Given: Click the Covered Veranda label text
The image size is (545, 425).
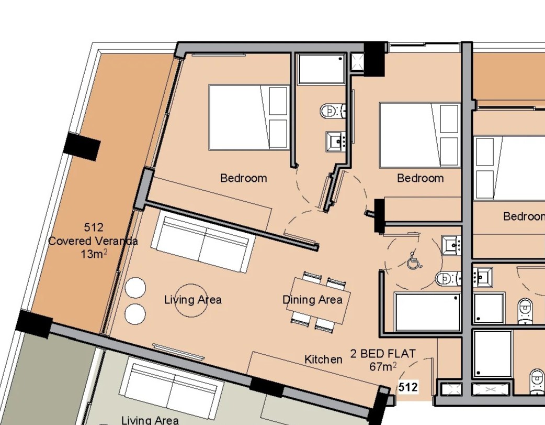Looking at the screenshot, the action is coord(93,241).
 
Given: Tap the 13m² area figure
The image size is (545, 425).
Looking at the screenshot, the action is coord(94,254).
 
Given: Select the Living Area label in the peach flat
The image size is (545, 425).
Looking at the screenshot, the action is coord(193,300).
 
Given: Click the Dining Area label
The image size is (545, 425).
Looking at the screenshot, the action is coord(312,300).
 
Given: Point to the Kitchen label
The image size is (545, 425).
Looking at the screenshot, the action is coord(323,359).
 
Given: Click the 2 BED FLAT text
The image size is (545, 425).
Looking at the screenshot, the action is coord(383,354).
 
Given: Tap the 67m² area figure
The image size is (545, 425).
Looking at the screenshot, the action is coord(383,366).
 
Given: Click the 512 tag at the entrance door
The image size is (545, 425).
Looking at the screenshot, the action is coord(408,387).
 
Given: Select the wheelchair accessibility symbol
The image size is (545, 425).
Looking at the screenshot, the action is coord(414,260).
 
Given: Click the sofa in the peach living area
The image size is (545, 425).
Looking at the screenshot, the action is coord(201,244).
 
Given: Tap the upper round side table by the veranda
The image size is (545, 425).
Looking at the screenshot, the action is coord(135,288).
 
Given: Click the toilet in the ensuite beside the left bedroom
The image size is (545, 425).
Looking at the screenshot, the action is coord(333,111).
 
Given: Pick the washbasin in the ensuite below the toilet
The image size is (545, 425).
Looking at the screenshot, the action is coord(335,141).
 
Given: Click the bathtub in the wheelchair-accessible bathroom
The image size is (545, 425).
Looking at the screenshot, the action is coord(428,312).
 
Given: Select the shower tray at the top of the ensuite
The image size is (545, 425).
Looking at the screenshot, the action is coord(322,69).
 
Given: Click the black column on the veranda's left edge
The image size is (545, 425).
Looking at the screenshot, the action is coord(82,146).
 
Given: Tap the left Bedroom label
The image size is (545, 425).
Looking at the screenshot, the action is coord(244,178).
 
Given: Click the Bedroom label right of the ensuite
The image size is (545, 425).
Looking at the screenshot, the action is coord(420,178).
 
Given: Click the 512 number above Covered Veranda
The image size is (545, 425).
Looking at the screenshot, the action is coord(94,227).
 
